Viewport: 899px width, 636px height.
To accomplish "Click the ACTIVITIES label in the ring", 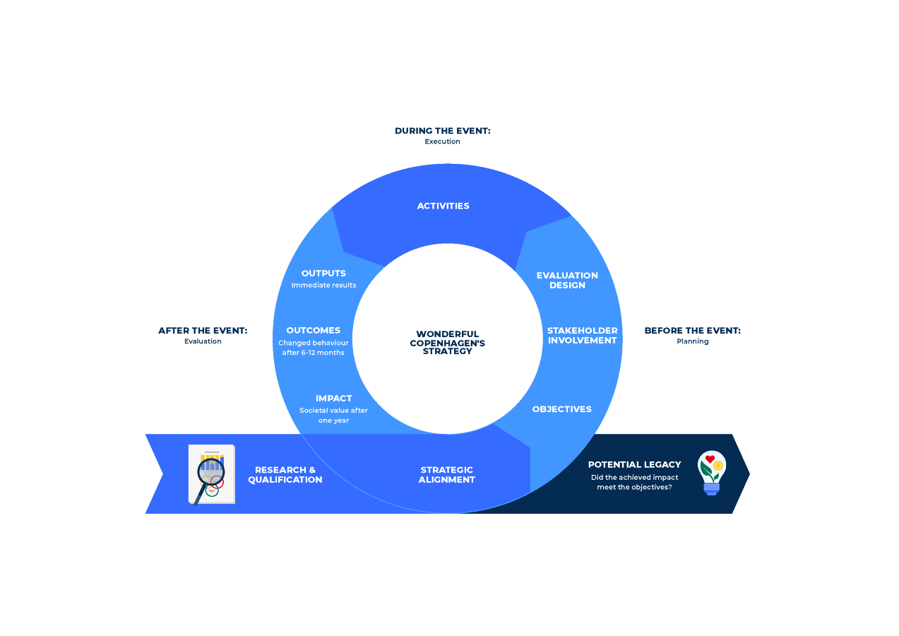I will (443, 206).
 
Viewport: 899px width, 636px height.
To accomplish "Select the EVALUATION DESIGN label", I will (567, 281).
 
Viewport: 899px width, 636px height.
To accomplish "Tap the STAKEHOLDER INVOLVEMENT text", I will (582, 336).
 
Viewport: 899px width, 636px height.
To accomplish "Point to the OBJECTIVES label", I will (561, 409).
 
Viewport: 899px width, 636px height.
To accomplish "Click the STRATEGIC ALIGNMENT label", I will (446, 475).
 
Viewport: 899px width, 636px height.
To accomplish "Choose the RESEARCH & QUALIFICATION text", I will (285, 475).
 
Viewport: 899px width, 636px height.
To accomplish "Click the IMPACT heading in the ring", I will (333, 399).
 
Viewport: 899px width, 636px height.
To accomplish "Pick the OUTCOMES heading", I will (313, 331).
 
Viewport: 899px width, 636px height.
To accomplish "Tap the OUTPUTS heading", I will (323, 273).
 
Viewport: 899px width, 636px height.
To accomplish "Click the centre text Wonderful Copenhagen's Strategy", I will (447, 343).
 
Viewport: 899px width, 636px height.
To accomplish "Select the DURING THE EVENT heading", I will (442, 131).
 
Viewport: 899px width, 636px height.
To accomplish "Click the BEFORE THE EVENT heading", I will (692, 331).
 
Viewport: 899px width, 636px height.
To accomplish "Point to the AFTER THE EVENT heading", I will (203, 331).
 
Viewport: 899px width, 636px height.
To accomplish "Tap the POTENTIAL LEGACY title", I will (634, 465).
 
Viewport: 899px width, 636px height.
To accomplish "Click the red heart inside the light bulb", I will (710, 459).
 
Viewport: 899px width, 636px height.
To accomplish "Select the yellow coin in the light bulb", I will (718, 466).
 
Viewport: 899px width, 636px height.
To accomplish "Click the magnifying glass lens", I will (211, 471).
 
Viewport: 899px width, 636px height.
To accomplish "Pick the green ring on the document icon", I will (212, 491).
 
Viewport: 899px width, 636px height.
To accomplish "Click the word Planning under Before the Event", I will (692, 341).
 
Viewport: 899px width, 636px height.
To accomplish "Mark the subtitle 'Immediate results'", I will (323, 285).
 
